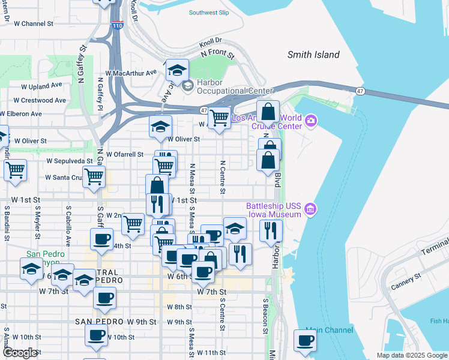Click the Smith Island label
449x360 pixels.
313,55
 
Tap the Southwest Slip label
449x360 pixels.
208,12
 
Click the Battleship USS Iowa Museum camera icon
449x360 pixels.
310,209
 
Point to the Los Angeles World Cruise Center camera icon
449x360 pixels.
310,121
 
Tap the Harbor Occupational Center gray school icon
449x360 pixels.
187,86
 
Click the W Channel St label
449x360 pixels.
34,23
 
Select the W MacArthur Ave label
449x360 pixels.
131,72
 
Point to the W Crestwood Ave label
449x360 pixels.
40,100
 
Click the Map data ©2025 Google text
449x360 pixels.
411,355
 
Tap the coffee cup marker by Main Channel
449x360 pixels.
305,341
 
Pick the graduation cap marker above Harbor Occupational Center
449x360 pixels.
177,71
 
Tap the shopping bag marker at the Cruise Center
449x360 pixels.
268,111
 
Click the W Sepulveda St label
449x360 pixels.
70,161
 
